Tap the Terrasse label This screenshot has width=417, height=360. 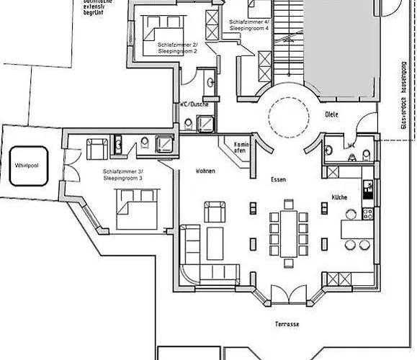point(287,325)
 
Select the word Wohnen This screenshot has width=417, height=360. point(206,171)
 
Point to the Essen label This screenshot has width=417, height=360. point(279,179)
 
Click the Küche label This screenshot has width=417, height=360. point(340,197)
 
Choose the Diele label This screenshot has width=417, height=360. point(331,113)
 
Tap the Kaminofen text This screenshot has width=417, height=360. point(241,148)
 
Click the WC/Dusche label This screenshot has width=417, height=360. point(194,104)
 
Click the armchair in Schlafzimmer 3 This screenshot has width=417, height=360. point(96,149)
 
